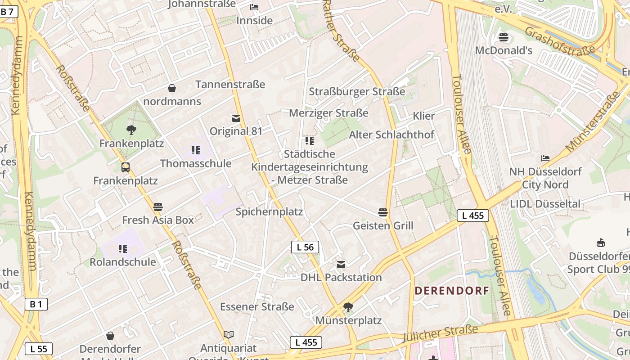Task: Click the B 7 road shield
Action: tap(8, 12)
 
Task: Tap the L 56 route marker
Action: tap(305, 247)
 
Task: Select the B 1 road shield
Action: tap(36, 304)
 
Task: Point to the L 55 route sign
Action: tap(38, 348)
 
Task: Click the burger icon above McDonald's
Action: tap(504, 37)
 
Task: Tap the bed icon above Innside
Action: tap(254, 7)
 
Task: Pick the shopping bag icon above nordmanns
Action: tap(172, 88)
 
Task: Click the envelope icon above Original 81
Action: tap(236, 118)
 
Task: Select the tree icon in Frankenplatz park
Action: tap(131, 130)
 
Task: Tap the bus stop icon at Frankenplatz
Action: tap(126, 167)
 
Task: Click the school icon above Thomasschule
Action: tap(195, 150)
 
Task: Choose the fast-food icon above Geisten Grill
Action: tap(383, 212)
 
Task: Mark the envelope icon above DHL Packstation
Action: tap(341, 264)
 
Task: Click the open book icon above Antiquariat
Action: tap(229, 334)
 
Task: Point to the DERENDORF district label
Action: tap(451, 291)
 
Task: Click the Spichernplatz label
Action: tap(269, 211)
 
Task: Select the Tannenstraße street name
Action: tap(230, 85)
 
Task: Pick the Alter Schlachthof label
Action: tap(391, 135)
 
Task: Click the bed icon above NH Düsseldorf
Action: tap(545, 158)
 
